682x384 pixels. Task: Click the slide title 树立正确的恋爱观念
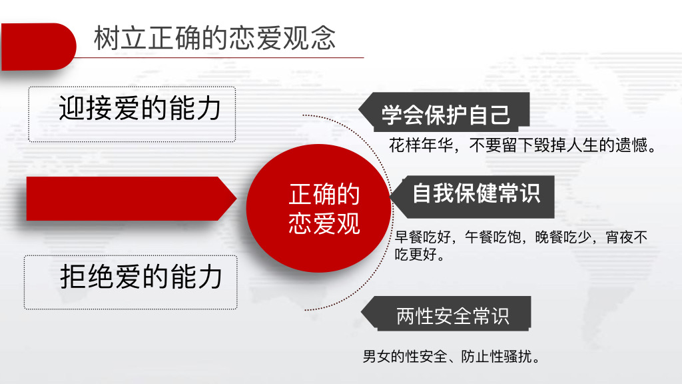(214, 38)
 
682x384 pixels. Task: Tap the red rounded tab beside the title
(38, 47)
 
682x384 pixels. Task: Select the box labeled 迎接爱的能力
(132, 114)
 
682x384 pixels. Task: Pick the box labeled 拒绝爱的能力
(131, 282)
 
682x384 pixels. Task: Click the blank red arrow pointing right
(131, 199)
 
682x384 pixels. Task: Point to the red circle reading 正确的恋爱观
(319, 208)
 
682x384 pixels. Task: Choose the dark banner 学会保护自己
(444, 112)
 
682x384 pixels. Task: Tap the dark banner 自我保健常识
(472, 197)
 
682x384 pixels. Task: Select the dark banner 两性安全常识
(446, 313)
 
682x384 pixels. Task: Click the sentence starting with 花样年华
(523, 145)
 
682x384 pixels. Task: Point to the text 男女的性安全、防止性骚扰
(452, 357)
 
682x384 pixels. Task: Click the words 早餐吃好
(423, 237)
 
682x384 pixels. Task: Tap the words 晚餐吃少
(563, 237)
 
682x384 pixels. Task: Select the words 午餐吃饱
(493, 237)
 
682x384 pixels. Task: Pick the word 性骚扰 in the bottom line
(511, 357)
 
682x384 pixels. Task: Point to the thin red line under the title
(220, 57)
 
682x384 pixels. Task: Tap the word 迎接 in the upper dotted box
(86, 108)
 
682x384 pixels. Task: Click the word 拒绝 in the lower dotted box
(87, 277)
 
